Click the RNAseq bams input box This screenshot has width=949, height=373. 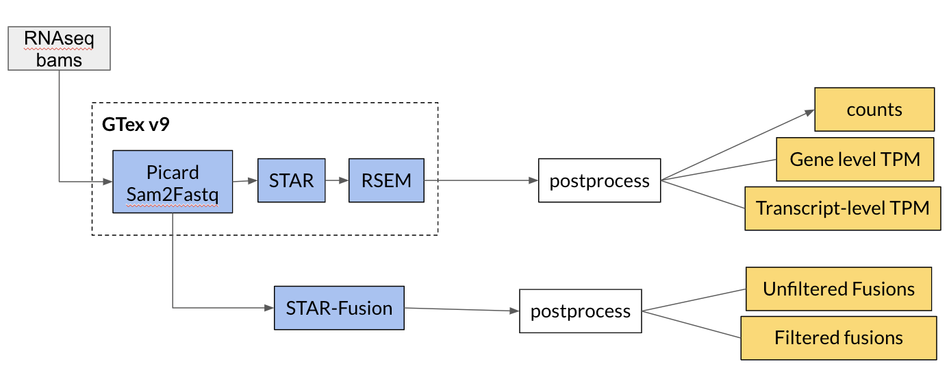click(60, 49)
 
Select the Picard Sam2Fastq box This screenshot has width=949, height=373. click(173, 182)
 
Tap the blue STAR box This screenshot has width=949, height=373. click(292, 180)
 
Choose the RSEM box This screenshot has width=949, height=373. click(386, 180)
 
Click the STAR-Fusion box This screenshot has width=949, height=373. click(339, 308)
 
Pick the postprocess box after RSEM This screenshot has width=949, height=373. click(600, 180)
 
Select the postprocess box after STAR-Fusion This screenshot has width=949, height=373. click(581, 311)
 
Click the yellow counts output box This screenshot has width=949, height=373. click(874, 110)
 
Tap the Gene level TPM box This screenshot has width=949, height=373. click(855, 159)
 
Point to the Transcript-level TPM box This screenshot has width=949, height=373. click(843, 208)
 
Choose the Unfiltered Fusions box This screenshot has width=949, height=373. click(839, 289)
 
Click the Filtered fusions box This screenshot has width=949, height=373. click(839, 338)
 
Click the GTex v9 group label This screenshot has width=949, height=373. click(136, 124)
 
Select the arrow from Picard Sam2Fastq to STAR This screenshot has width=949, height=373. click(245, 181)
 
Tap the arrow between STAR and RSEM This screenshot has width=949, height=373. click(337, 180)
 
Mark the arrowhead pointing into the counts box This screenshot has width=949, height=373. click(809, 112)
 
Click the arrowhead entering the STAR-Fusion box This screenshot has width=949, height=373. click(269, 308)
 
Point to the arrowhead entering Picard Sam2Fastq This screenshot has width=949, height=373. click(107, 182)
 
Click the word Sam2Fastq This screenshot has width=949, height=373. click(173, 195)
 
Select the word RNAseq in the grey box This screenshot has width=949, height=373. click(59, 38)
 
